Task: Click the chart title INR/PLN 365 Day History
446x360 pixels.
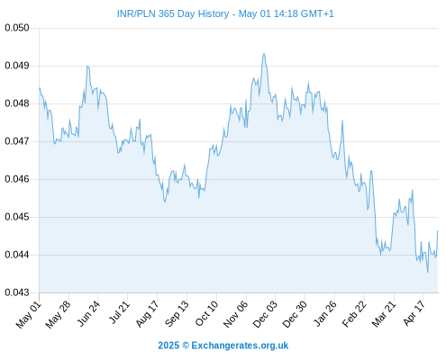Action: tap(173, 13)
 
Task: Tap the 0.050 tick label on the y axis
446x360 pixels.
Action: tap(17, 28)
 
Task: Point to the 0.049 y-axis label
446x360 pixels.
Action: tap(17, 66)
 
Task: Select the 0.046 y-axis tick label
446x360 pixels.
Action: tap(17, 179)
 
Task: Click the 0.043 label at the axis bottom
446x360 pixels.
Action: tap(17, 292)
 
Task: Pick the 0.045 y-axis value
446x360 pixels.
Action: tap(17, 217)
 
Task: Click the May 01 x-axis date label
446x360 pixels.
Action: tap(29, 315)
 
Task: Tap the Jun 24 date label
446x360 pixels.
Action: tap(88, 313)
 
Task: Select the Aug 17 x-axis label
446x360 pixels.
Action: tap(147, 314)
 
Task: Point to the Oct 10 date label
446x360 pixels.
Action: tap(206, 314)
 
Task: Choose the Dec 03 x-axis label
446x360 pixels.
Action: tap(265, 314)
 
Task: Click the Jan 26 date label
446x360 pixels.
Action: tap(324, 314)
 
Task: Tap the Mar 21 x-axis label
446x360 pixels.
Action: tap(384, 314)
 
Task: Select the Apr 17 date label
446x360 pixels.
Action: tap(414, 313)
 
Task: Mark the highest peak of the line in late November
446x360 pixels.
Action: tap(264, 54)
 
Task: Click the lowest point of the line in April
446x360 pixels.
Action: tap(428, 272)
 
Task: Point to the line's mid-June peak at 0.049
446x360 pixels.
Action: tap(87, 67)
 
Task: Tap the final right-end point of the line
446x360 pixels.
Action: tap(438, 231)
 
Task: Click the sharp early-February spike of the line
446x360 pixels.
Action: tap(342, 121)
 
